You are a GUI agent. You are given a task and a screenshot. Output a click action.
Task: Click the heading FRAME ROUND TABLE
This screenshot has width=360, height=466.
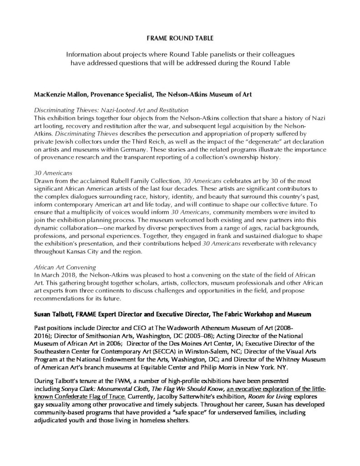[179, 40]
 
